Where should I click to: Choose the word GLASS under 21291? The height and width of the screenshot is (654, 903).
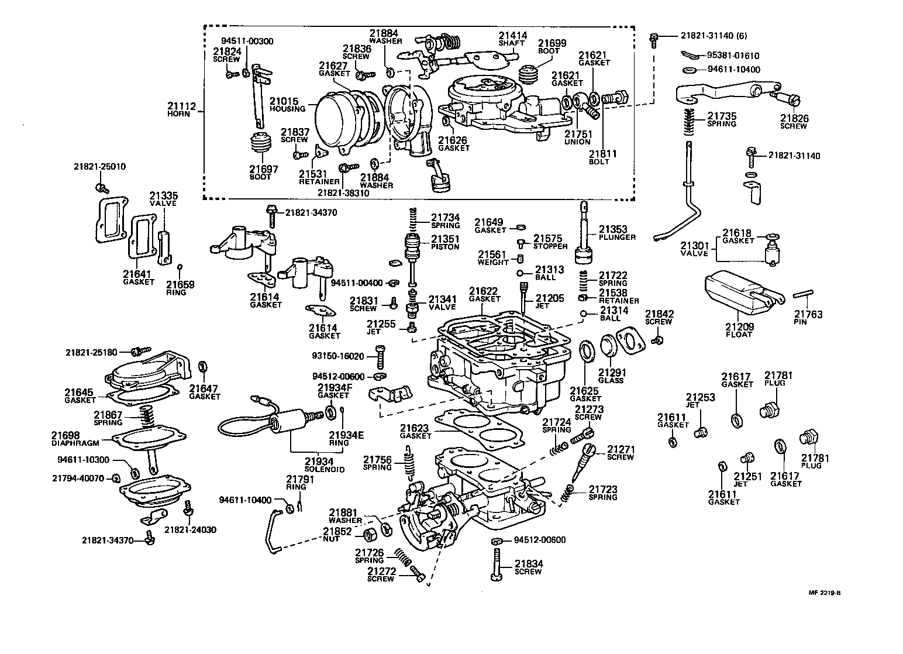click(611, 380)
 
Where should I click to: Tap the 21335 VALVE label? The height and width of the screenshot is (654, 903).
click(163, 199)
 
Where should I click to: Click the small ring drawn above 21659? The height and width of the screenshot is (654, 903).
click(180, 267)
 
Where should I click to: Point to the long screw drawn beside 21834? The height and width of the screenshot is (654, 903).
click(496, 564)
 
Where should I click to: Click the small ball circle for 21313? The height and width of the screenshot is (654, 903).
click(520, 273)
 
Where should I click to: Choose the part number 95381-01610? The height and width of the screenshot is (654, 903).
click(733, 56)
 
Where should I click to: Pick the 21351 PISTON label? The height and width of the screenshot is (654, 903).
click(445, 242)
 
